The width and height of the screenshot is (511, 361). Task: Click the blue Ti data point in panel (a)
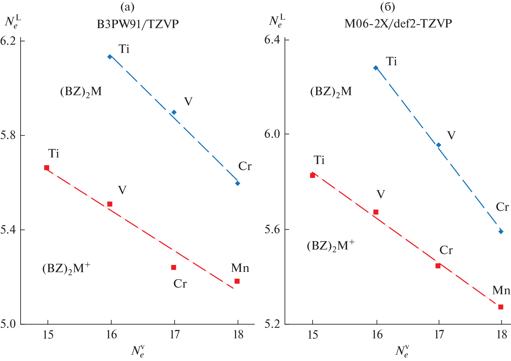[110, 57]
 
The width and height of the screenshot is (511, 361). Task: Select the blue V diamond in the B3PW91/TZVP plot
[174, 112]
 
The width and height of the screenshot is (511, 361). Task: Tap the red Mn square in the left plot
[237, 281]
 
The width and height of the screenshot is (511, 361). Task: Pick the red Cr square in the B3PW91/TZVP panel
[173, 267]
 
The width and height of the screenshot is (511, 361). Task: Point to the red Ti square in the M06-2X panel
[313, 176]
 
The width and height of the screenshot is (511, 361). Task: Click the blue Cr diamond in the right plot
[501, 231]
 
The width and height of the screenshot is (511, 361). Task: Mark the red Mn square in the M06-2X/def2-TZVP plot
[501, 307]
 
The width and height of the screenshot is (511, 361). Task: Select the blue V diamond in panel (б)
[439, 145]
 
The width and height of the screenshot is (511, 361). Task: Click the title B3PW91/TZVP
[138, 24]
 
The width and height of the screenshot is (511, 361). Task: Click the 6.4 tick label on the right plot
[272, 40]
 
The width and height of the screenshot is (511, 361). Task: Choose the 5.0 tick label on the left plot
[8, 324]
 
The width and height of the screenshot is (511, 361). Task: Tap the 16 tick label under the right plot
[377, 335]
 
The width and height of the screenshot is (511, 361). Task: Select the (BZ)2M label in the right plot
[331, 92]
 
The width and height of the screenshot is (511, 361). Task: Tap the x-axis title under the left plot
[138, 351]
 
